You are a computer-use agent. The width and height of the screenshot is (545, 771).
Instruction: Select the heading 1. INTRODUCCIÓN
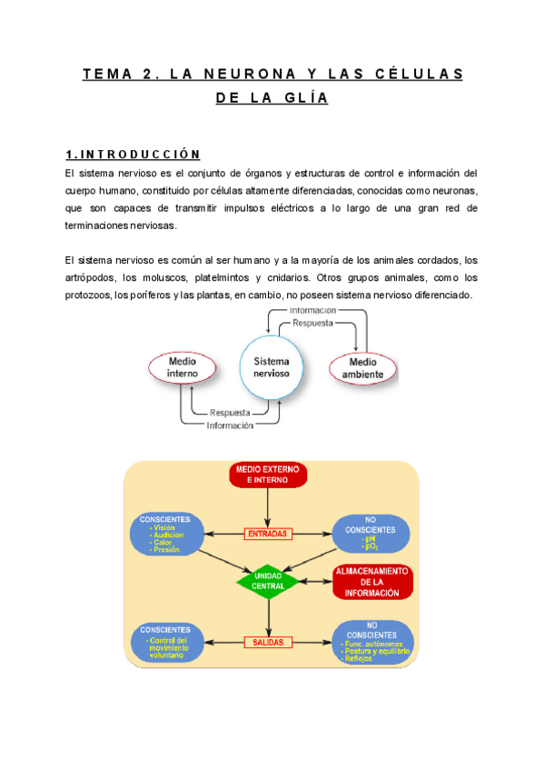pyautogui.click(x=134, y=154)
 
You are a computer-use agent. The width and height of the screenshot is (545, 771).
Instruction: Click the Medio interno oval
pyautogui.click(x=183, y=367)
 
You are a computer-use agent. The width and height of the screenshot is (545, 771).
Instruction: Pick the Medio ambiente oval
pyautogui.click(x=361, y=367)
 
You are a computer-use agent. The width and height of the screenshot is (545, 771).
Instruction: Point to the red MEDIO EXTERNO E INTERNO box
pyautogui.click(x=267, y=475)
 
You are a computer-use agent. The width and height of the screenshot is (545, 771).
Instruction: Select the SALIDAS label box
pyautogui.click(x=268, y=642)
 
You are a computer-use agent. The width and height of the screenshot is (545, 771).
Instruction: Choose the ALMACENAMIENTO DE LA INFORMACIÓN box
pyautogui.click(x=372, y=582)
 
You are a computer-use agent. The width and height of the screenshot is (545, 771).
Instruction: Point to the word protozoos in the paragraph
pyautogui.click(x=84, y=295)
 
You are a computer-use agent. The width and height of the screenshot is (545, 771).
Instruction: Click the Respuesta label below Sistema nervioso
pyautogui.click(x=231, y=413)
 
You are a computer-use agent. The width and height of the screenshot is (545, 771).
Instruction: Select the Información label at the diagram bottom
pyautogui.click(x=230, y=426)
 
